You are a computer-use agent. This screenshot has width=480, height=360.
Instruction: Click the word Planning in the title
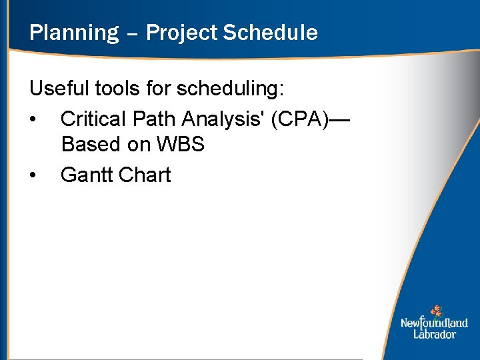click(73, 33)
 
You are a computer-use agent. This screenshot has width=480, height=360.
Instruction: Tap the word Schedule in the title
click(270, 33)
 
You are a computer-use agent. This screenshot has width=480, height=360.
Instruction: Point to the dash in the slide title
click(131, 33)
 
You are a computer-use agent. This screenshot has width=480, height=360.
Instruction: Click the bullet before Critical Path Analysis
click(33, 119)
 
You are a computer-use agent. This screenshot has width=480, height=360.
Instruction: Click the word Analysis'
click(224, 119)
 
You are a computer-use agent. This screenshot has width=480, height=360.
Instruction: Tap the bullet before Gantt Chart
click(33, 175)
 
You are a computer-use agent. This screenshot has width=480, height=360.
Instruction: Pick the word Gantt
click(86, 175)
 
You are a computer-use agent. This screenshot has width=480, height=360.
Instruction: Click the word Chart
click(145, 175)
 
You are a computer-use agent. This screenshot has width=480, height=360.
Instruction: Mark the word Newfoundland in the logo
click(434, 323)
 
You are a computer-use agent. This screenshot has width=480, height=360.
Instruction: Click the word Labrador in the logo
click(435, 334)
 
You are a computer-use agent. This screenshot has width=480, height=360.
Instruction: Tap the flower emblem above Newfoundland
click(436, 311)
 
